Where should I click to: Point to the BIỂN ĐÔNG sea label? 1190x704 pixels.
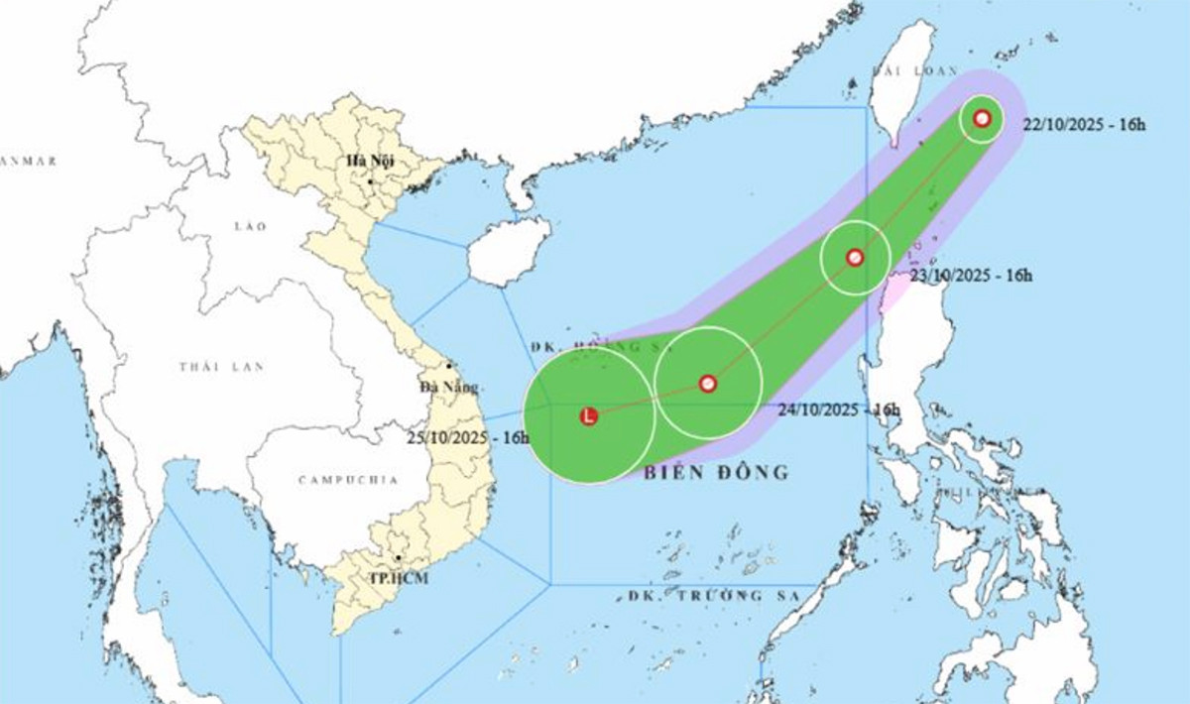click(x=716, y=472)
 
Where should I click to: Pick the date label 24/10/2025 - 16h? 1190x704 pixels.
click(x=839, y=409)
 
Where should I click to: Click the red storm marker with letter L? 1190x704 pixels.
click(x=589, y=416)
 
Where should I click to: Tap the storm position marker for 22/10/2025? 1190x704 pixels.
click(x=982, y=119)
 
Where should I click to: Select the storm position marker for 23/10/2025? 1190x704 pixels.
click(x=855, y=258)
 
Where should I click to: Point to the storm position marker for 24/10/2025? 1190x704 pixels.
click(x=707, y=383)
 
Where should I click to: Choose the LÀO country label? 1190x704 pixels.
click(x=250, y=226)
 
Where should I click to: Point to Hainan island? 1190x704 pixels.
click(x=508, y=250)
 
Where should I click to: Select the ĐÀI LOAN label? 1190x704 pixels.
click(x=914, y=71)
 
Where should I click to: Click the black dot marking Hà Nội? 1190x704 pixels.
click(x=370, y=181)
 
